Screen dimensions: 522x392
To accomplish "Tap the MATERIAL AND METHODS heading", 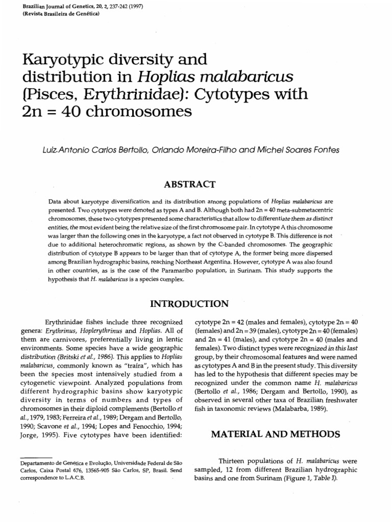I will [x=276, y=434].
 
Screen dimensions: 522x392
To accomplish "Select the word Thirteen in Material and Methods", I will [x=234, y=460].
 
